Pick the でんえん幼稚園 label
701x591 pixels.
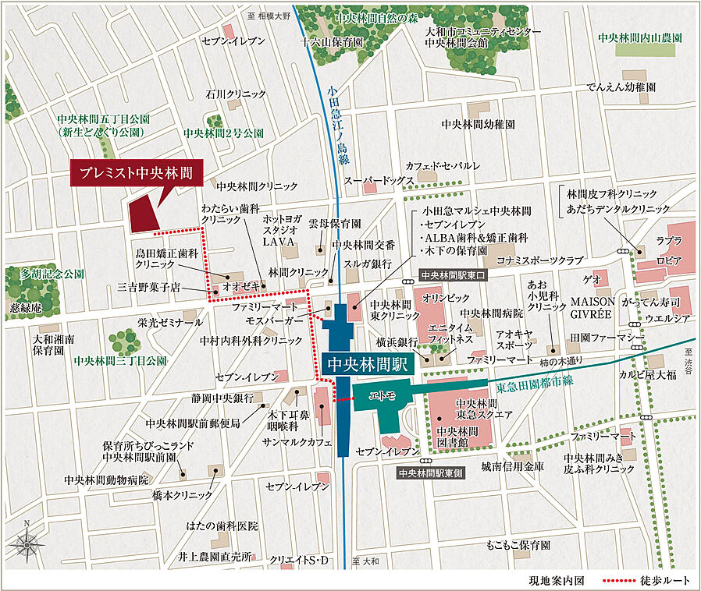click(x=621, y=87)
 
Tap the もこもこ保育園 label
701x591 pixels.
click(x=518, y=544)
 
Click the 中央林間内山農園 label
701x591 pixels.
click(x=640, y=37)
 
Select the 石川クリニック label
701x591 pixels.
click(x=236, y=94)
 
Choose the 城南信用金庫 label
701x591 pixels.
click(x=512, y=466)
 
